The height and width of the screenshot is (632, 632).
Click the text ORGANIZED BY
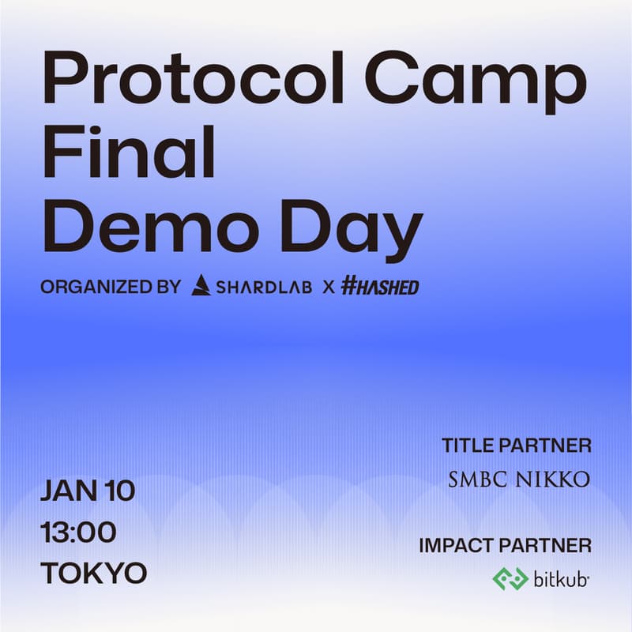click(111, 287)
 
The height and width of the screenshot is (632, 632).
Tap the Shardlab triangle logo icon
click(201, 285)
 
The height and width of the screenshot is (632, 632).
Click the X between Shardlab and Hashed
click(328, 287)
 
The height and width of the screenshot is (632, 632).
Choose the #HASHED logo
click(380, 287)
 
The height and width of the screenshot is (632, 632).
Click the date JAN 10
click(88, 491)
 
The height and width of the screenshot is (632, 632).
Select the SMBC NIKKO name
click(519, 480)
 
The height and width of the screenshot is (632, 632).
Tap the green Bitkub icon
click(510, 579)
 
